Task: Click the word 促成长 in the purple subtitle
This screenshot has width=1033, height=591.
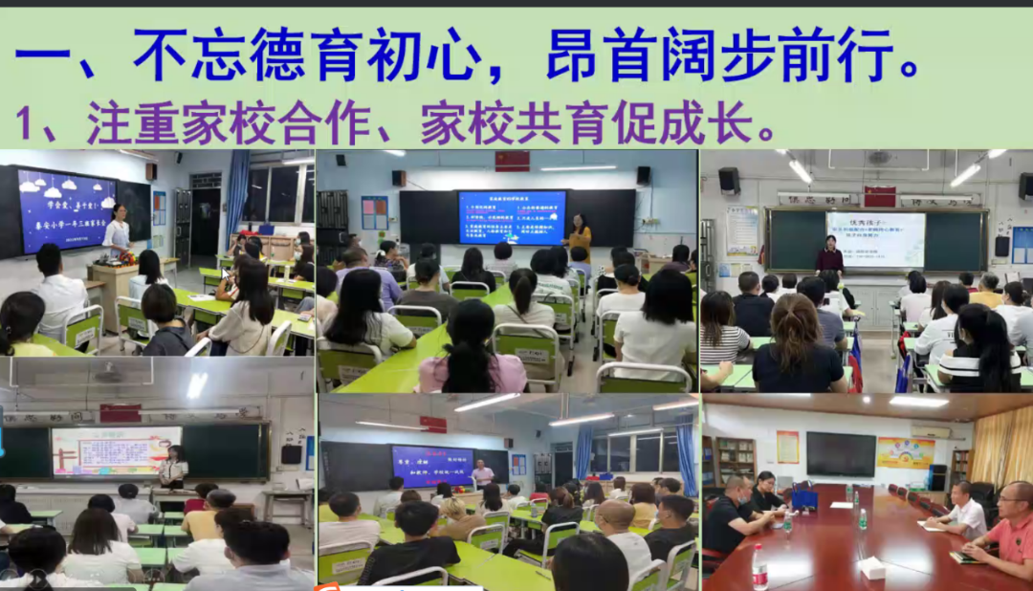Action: point(703,122)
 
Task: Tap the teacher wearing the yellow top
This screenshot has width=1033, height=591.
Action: point(580,234)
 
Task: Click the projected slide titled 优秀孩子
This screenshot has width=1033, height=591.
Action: point(874,239)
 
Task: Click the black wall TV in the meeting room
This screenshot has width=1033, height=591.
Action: point(840,454)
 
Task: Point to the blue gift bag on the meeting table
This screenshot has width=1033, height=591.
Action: point(804,498)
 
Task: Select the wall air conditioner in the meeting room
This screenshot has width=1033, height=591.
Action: point(930,431)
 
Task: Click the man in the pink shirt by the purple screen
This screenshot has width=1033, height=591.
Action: point(483,472)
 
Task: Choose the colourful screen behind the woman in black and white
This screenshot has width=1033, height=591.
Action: point(116,450)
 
